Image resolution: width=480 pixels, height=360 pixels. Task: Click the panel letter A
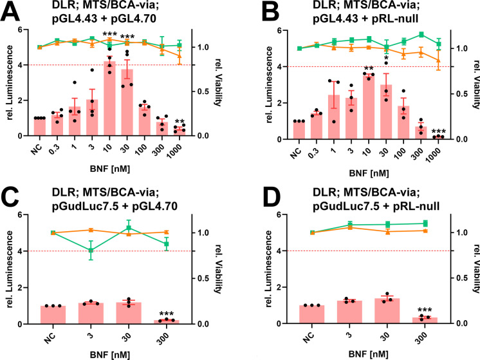pyautogui.click(x=12, y=12)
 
